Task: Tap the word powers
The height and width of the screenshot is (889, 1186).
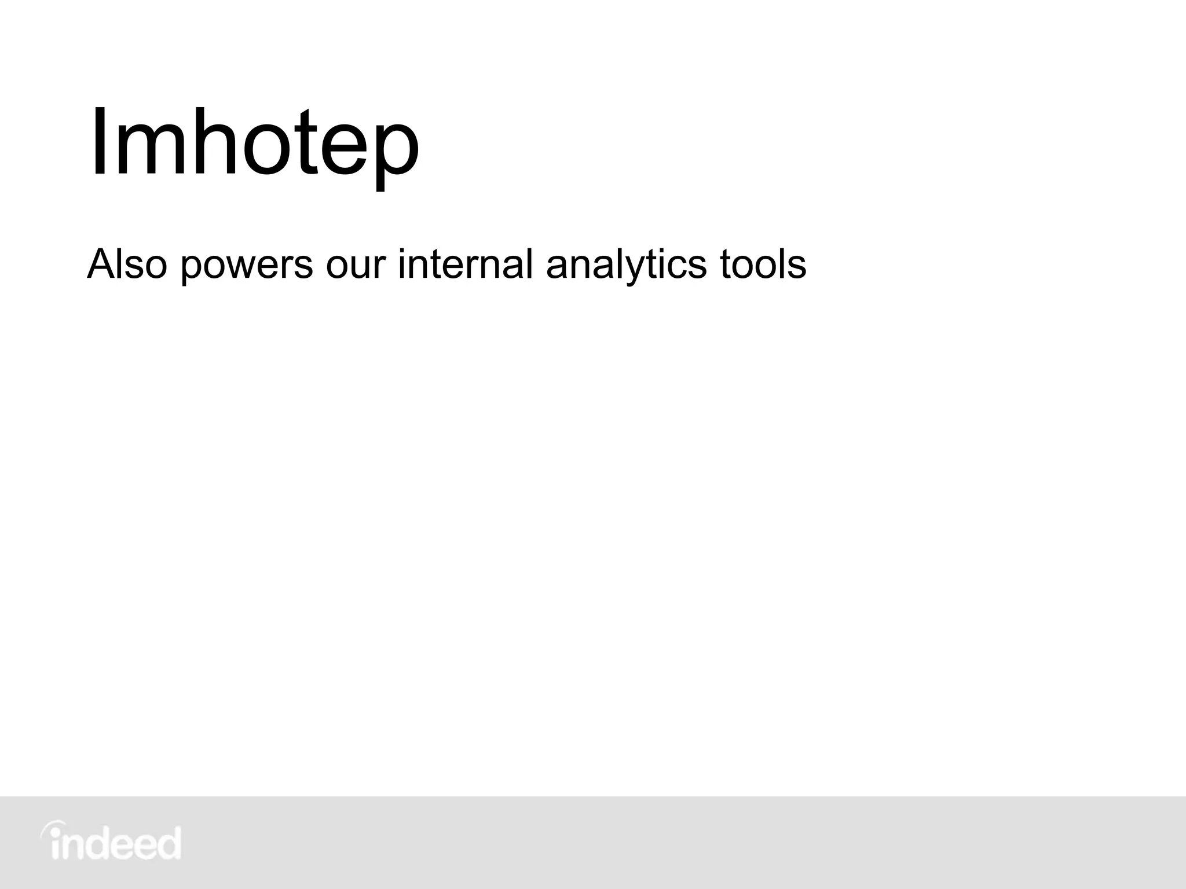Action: (247, 265)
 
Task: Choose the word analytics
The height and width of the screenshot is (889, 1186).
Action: (626, 265)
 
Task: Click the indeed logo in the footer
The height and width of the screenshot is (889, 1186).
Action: (111, 842)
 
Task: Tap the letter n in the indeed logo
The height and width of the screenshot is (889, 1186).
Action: (72, 847)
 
